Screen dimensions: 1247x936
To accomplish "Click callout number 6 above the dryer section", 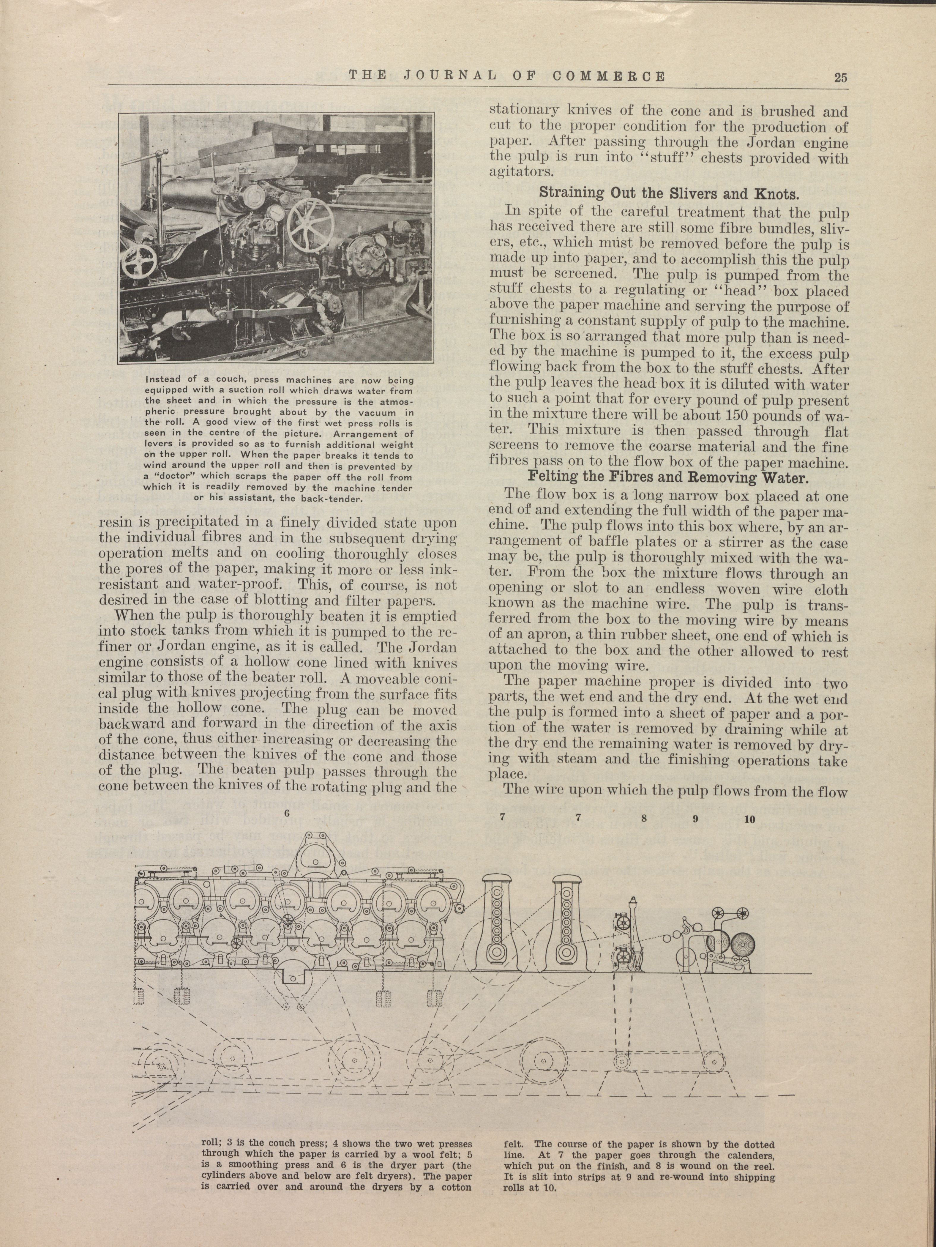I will click(287, 814).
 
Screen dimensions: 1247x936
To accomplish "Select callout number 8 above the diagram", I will click(643, 819).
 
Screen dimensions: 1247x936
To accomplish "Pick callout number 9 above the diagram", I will click(695, 819).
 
